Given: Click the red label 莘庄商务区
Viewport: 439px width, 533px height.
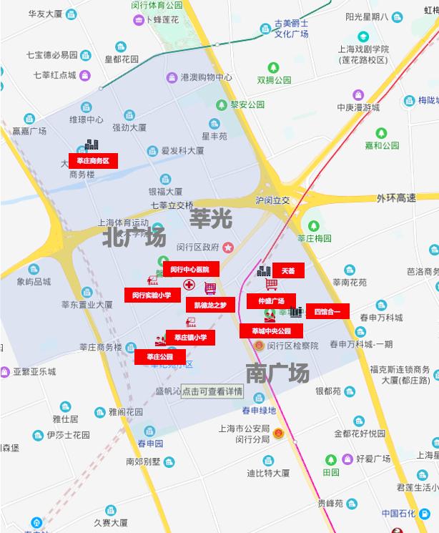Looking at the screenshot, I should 93,160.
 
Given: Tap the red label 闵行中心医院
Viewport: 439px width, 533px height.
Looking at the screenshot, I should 190,269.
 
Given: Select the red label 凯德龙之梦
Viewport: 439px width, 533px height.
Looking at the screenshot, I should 210,305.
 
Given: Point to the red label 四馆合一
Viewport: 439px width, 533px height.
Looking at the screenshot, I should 327,311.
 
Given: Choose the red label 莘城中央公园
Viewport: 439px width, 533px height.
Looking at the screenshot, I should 271,331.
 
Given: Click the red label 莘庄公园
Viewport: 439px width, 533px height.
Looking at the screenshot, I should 157,356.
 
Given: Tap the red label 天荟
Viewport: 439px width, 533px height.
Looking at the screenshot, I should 288,271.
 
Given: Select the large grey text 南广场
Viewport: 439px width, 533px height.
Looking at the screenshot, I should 277,373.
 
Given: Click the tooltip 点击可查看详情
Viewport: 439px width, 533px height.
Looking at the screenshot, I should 212,391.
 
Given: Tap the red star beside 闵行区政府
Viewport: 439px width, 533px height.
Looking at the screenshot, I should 228,248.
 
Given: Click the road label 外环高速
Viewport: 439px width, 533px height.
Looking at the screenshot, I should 396,198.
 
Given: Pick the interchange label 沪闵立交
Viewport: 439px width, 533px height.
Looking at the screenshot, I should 272,200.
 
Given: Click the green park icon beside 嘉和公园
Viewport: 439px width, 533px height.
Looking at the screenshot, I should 381,132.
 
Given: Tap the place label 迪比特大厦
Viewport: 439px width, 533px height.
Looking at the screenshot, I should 268,473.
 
